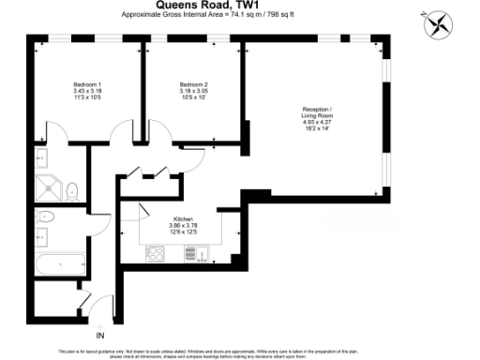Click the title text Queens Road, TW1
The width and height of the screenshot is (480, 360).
click(239, 6)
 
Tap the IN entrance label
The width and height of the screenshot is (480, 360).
click(100, 334)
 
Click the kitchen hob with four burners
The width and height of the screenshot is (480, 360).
click(156, 253)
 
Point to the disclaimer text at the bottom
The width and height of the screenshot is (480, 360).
click(239, 352)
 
